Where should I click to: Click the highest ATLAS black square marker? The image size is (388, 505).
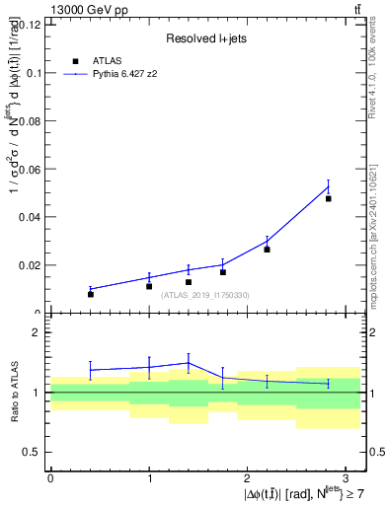coord(329,198)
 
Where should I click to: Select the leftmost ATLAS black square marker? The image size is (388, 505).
coord(91,294)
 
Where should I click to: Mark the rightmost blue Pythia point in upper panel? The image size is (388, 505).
coord(329,187)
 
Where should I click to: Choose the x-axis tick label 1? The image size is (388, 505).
coord(149,477)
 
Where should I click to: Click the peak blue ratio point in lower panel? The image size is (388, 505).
coord(189,362)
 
